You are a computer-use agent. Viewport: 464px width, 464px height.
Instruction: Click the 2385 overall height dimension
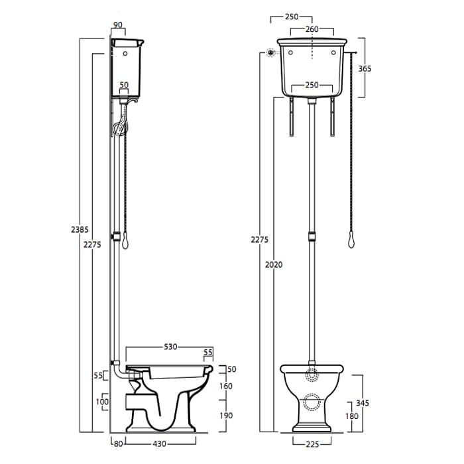(80, 229)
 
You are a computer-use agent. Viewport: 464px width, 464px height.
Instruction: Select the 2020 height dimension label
(274, 264)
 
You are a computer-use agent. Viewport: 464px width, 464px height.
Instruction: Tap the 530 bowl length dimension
(170, 347)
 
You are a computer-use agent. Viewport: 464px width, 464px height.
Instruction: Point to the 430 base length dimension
(160, 444)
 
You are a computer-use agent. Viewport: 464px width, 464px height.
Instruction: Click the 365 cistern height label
(365, 69)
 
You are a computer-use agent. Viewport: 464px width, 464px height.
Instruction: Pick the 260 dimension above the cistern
(312, 29)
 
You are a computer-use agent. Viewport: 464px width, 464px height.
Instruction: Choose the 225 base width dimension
(312, 444)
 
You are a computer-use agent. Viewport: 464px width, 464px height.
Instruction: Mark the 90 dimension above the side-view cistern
(118, 25)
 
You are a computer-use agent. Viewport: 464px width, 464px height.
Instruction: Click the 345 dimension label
(363, 403)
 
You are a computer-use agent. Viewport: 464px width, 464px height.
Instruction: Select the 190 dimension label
(226, 416)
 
